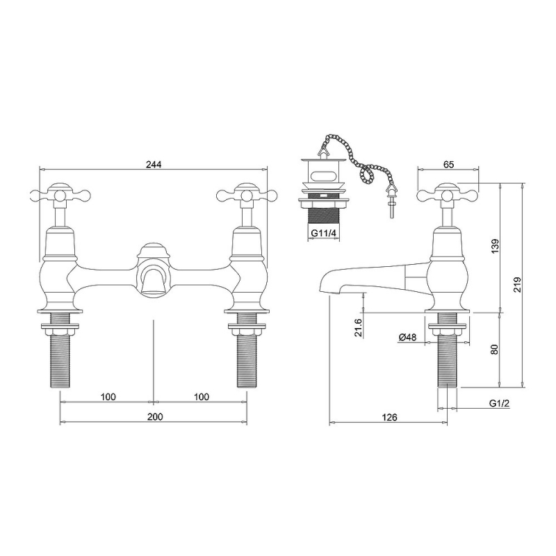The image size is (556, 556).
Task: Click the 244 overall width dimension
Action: [x=154, y=165]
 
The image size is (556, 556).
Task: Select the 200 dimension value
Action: [x=155, y=416]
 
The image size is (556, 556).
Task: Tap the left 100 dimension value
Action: [x=108, y=397]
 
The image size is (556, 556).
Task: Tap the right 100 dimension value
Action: [x=202, y=397]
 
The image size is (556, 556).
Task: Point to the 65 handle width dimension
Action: [x=448, y=165]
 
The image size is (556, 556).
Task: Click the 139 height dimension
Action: [x=496, y=246]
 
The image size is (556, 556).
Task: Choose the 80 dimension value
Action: [x=496, y=349]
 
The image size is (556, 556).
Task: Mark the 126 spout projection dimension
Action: [x=390, y=418]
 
